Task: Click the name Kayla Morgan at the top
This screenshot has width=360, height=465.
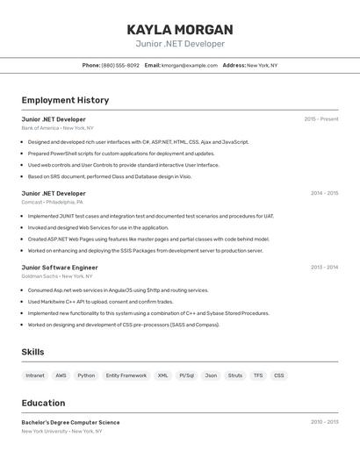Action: [x=180, y=29]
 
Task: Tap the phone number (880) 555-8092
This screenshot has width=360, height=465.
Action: [x=120, y=65]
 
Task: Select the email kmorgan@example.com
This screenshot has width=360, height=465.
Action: [x=190, y=65]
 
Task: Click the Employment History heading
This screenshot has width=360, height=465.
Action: [x=65, y=100]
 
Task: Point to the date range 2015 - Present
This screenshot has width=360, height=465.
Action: [x=320, y=119]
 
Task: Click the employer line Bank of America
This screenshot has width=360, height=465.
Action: [x=57, y=128]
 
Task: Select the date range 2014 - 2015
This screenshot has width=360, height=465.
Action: [x=324, y=193]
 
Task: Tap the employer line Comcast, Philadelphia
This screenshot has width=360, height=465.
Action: [x=53, y=202]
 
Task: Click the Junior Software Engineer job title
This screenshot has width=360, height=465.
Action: [x=60, y=267]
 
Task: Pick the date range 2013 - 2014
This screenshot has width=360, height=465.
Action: [x=324, y=267]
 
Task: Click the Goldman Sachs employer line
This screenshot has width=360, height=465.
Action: [x=57, y=275]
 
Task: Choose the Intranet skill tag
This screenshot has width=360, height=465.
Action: [x=35, y=376]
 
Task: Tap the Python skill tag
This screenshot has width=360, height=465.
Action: [x=86, y=376]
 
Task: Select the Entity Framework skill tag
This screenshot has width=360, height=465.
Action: [x=126, y=376]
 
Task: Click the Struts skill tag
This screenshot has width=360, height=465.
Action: [x=235, y=376]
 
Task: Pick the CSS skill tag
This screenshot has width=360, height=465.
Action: [x=279, y=376]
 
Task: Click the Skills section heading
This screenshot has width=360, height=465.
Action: [x=33, y=352]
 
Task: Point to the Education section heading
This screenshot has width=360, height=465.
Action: [x=43, y=403]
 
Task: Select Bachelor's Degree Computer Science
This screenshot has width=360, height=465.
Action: [x=70, y=422]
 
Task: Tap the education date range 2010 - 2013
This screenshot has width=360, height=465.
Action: [x=324, y=422]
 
